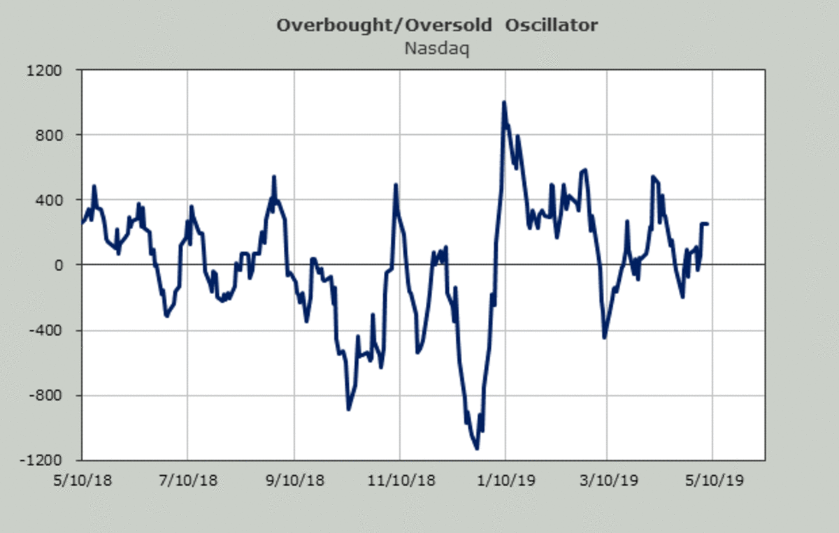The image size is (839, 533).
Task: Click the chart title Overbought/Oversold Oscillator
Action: [437, 26]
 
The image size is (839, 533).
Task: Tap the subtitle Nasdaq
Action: [437, 48]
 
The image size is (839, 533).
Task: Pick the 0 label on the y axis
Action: [59, 265]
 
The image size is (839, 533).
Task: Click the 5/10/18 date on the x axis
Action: [82, 481]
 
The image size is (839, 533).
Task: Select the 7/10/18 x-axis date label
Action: [187, 481]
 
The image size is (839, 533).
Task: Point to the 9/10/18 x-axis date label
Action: [294, 481]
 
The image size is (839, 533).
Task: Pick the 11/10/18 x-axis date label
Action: [399, 481]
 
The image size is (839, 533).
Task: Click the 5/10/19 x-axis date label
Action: [712, 481]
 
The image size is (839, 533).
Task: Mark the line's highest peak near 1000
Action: [503, 103]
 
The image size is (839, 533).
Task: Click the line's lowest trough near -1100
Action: [476, 448]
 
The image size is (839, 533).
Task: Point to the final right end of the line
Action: [708, 224]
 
